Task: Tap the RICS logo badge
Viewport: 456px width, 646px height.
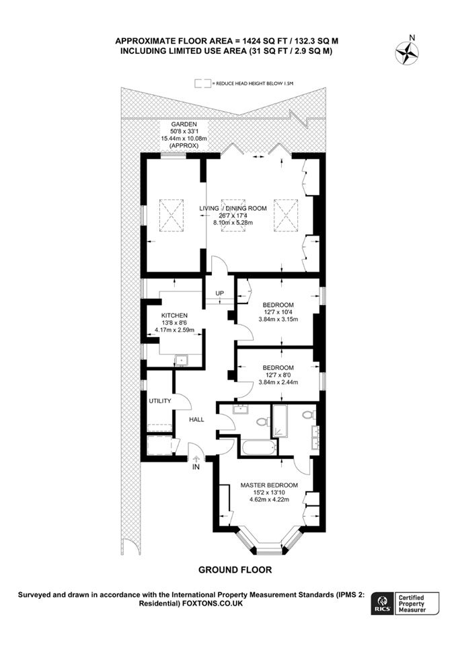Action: click(381, 604)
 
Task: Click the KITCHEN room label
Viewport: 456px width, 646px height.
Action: click(174, 316)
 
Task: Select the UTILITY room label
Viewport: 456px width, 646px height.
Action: click(160, 400)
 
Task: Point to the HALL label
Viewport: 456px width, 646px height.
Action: click(196, 419)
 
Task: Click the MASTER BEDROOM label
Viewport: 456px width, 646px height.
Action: click(269, 485)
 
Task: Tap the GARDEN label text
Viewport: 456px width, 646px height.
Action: click(184, 124)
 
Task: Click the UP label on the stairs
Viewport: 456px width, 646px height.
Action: click(219, 293)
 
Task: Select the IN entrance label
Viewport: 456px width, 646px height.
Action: click(196, 467)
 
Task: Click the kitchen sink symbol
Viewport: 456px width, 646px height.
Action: click(181, 360)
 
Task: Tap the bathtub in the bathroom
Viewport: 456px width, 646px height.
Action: click(259, 448)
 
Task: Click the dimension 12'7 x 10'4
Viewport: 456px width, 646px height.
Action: click(278, 312)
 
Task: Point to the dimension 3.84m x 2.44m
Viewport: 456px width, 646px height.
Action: click(278, 382)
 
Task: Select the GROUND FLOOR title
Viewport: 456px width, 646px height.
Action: click(235, 570)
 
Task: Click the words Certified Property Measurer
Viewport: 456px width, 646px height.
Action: click(412, 604)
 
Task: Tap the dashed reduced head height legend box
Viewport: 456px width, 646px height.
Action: click(203, 83)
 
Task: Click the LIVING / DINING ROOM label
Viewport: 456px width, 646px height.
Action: click(233, 209)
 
